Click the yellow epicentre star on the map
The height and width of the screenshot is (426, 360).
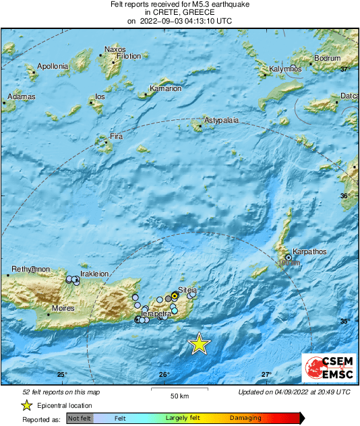(x=199, y=344)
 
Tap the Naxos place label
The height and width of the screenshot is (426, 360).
(x=115, y=49)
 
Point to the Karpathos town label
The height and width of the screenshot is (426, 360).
(x=309, y=251)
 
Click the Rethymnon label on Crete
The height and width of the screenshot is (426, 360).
(x=29, y=269)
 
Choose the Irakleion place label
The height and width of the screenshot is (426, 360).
(x=94, y=274)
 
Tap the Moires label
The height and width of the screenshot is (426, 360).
(x=65, y=309)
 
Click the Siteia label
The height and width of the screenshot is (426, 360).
(x=187, y=290)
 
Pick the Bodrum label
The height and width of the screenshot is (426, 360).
(x=328, y=59)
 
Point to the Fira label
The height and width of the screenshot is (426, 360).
(x=116, y=137)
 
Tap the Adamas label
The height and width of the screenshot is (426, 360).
(x=21, y=97)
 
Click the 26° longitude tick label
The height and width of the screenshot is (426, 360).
(x=164, y=375)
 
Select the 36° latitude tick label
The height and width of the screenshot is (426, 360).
(x=345, y=195)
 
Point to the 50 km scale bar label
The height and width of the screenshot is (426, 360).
(x=179, y=396)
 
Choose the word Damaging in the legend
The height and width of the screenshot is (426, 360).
(x=245, y=418)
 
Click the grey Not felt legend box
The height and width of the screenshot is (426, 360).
(x=80, y=418)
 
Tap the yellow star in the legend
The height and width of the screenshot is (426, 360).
(x=26, y=405)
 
